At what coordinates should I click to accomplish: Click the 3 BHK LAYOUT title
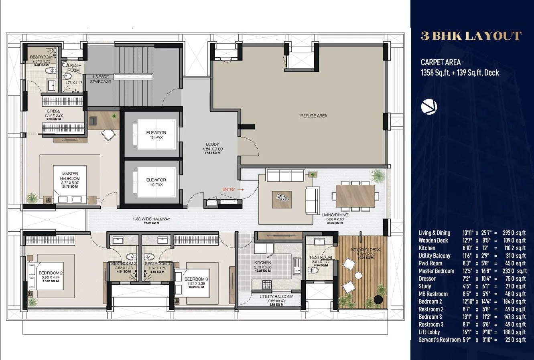tap(471, 36)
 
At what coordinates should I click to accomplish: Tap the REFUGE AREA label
tap(314, 116)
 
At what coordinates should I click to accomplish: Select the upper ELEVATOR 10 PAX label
tap(156, 135)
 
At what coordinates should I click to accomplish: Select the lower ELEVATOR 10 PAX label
tap(156, 182)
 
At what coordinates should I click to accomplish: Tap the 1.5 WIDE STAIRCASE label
tap(100, 79)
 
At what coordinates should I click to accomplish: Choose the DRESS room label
tap(53, 111)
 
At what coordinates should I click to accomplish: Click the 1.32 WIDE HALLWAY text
tap(152, 219)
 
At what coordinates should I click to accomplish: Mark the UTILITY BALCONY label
tap(276, 297)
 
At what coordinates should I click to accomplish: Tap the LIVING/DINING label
tap(335, 215)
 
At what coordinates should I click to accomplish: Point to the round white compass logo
tap(429, 107)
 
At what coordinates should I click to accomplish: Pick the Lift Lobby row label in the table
tap(429, 332)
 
